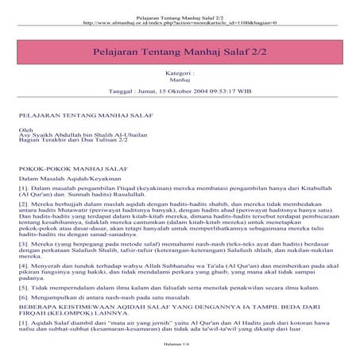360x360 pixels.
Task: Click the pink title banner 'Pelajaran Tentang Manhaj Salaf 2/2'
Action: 180,50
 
